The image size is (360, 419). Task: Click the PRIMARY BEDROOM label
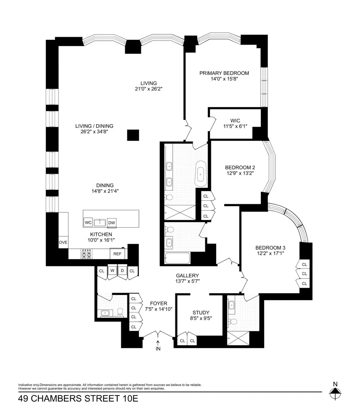(224, 73)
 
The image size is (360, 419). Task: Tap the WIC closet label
(235, 121)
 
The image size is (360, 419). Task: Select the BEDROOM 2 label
(240, 167)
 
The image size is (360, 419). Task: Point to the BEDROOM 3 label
(270, 248)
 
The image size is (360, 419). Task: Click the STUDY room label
(201, 312)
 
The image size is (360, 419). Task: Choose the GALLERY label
(187, 276)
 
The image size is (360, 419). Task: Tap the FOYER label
(158, 303)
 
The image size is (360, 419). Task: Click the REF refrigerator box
(117, 254)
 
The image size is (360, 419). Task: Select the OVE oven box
(63, 242)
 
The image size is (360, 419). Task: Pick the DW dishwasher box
(112, 223)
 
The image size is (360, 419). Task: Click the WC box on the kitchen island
(88, 222)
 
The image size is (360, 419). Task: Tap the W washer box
(112, 270)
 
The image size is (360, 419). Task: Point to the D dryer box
(122, 270)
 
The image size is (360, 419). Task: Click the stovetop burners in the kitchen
(86, 254)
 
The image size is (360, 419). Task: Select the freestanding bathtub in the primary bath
(200, 173)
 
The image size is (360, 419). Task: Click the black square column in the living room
(133, 135)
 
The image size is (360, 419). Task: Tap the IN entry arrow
(158, 345)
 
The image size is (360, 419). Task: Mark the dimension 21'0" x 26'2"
(149, 89)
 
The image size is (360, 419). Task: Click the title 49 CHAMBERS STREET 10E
(78, 399)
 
